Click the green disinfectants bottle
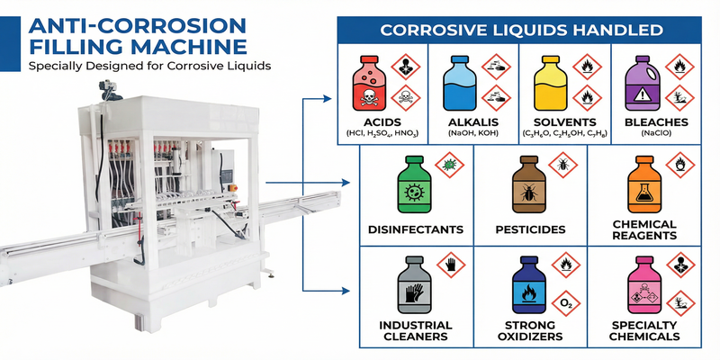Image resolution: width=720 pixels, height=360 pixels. (x=415, y=185)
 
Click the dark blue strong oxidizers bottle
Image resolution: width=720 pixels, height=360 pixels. (x=528, y=288)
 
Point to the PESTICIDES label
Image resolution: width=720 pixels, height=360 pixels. (x=530, y=229)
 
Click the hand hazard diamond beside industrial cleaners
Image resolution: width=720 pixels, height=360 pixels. (x=451, y=265)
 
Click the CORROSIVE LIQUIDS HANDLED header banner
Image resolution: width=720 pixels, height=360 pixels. (x=522, y=30)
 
